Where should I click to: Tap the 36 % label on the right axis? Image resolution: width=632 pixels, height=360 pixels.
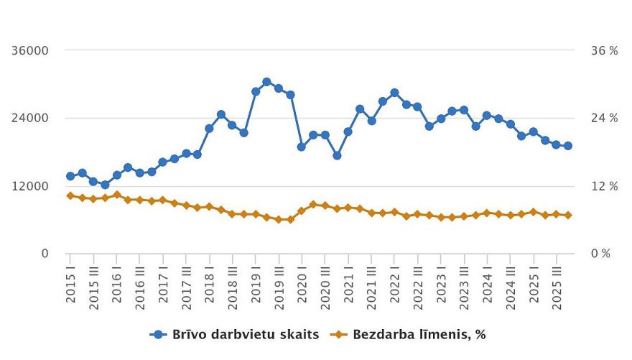pyautogui.click(x=604, y=50)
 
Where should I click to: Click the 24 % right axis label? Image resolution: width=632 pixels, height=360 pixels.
pyautogui.click(x=604, y=118)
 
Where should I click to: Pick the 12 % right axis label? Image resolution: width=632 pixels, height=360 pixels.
pyautogui.click(x=604, y=186)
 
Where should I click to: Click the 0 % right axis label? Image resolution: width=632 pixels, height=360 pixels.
pyautogui.click(x=600, y=254)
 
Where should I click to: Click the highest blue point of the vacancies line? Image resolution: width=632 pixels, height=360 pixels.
pyautogui.click(x=266, y=82)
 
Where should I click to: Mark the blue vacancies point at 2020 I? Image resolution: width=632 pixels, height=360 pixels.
pyautogui.click(x=302, y=147)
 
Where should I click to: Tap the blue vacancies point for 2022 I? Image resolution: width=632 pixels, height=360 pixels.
pyautogui.click(x=394, y=93)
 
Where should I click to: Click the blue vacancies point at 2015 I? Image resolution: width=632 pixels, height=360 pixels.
pyautogui.click(x=70, y=176)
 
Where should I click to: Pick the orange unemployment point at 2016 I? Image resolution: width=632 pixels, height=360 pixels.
pyautogui.click(x=117, y=195)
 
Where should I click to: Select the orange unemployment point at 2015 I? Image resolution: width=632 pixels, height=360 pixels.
pyautogui.click(x=70, y=195)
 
